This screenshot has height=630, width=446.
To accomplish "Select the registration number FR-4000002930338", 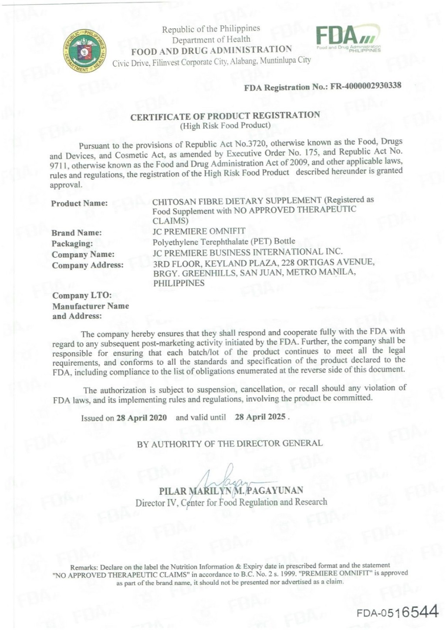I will click(366, 86).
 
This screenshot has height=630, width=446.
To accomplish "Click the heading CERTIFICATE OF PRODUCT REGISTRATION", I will click(225, 116).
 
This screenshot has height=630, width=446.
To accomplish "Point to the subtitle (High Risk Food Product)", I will click(225, 126).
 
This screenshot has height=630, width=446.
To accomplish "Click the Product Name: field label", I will click(79, 203).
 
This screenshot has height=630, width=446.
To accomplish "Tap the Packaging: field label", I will click(72, 244).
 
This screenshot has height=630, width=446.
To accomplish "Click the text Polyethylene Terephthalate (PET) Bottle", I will click(224, 241).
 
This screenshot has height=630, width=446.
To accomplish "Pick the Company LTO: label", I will click(82, 295).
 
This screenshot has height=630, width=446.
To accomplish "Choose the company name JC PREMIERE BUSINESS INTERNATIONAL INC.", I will click(247, 252).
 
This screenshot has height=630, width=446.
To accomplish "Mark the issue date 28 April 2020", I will click(142, 418).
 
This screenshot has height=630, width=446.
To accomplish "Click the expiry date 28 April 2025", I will click(260, 417).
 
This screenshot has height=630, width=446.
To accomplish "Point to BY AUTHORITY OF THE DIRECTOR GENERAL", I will click(230, 444).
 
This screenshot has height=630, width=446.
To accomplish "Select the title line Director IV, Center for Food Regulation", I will click(231, 503).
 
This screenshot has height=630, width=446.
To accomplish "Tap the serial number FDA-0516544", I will click(397, 613).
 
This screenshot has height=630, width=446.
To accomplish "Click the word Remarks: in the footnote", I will click(84, 567).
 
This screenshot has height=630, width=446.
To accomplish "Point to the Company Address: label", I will click(88, 265).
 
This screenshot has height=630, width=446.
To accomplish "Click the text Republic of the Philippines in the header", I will click(211, 29).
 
